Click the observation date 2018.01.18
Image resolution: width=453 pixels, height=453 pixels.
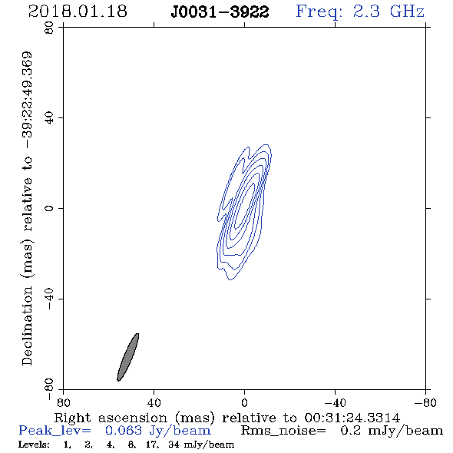click(x=78, y=12)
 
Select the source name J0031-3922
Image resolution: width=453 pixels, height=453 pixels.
click(x=220, y=12)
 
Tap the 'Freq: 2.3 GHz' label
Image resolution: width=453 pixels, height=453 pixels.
click(x=360, y=12)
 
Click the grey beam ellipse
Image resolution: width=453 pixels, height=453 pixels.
click(x=127, y=357)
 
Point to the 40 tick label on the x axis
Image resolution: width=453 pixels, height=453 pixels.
click(x=154, y=403)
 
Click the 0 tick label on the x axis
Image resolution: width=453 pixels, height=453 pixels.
click(x=244, y=403)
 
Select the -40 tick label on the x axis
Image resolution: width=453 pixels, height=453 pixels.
click(x=335, y=403)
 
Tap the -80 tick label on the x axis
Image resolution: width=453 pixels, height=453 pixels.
click(x=425, y=403)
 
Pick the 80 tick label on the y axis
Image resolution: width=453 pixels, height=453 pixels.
click(x=49, y=28)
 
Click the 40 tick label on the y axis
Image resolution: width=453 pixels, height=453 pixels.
click(x=49, y=118)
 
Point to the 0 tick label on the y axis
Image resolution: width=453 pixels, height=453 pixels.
click(x=49, y=208)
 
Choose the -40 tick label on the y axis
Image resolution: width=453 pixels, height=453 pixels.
click(x=49, y=299)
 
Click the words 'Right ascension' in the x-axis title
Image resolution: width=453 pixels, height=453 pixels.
click(x=111, y=418)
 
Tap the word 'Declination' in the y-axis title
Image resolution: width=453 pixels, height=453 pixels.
click(x=27, y=326)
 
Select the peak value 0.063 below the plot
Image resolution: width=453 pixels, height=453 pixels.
click(x=124, y=431)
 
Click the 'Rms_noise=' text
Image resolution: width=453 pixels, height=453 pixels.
click(x=283, y=431)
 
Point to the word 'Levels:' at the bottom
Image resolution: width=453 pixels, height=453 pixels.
click(x=34, y=445)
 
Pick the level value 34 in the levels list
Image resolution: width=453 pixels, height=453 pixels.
click(x=174, y=445)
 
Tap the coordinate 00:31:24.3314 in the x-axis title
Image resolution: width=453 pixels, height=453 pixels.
click(x=352, y=418)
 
